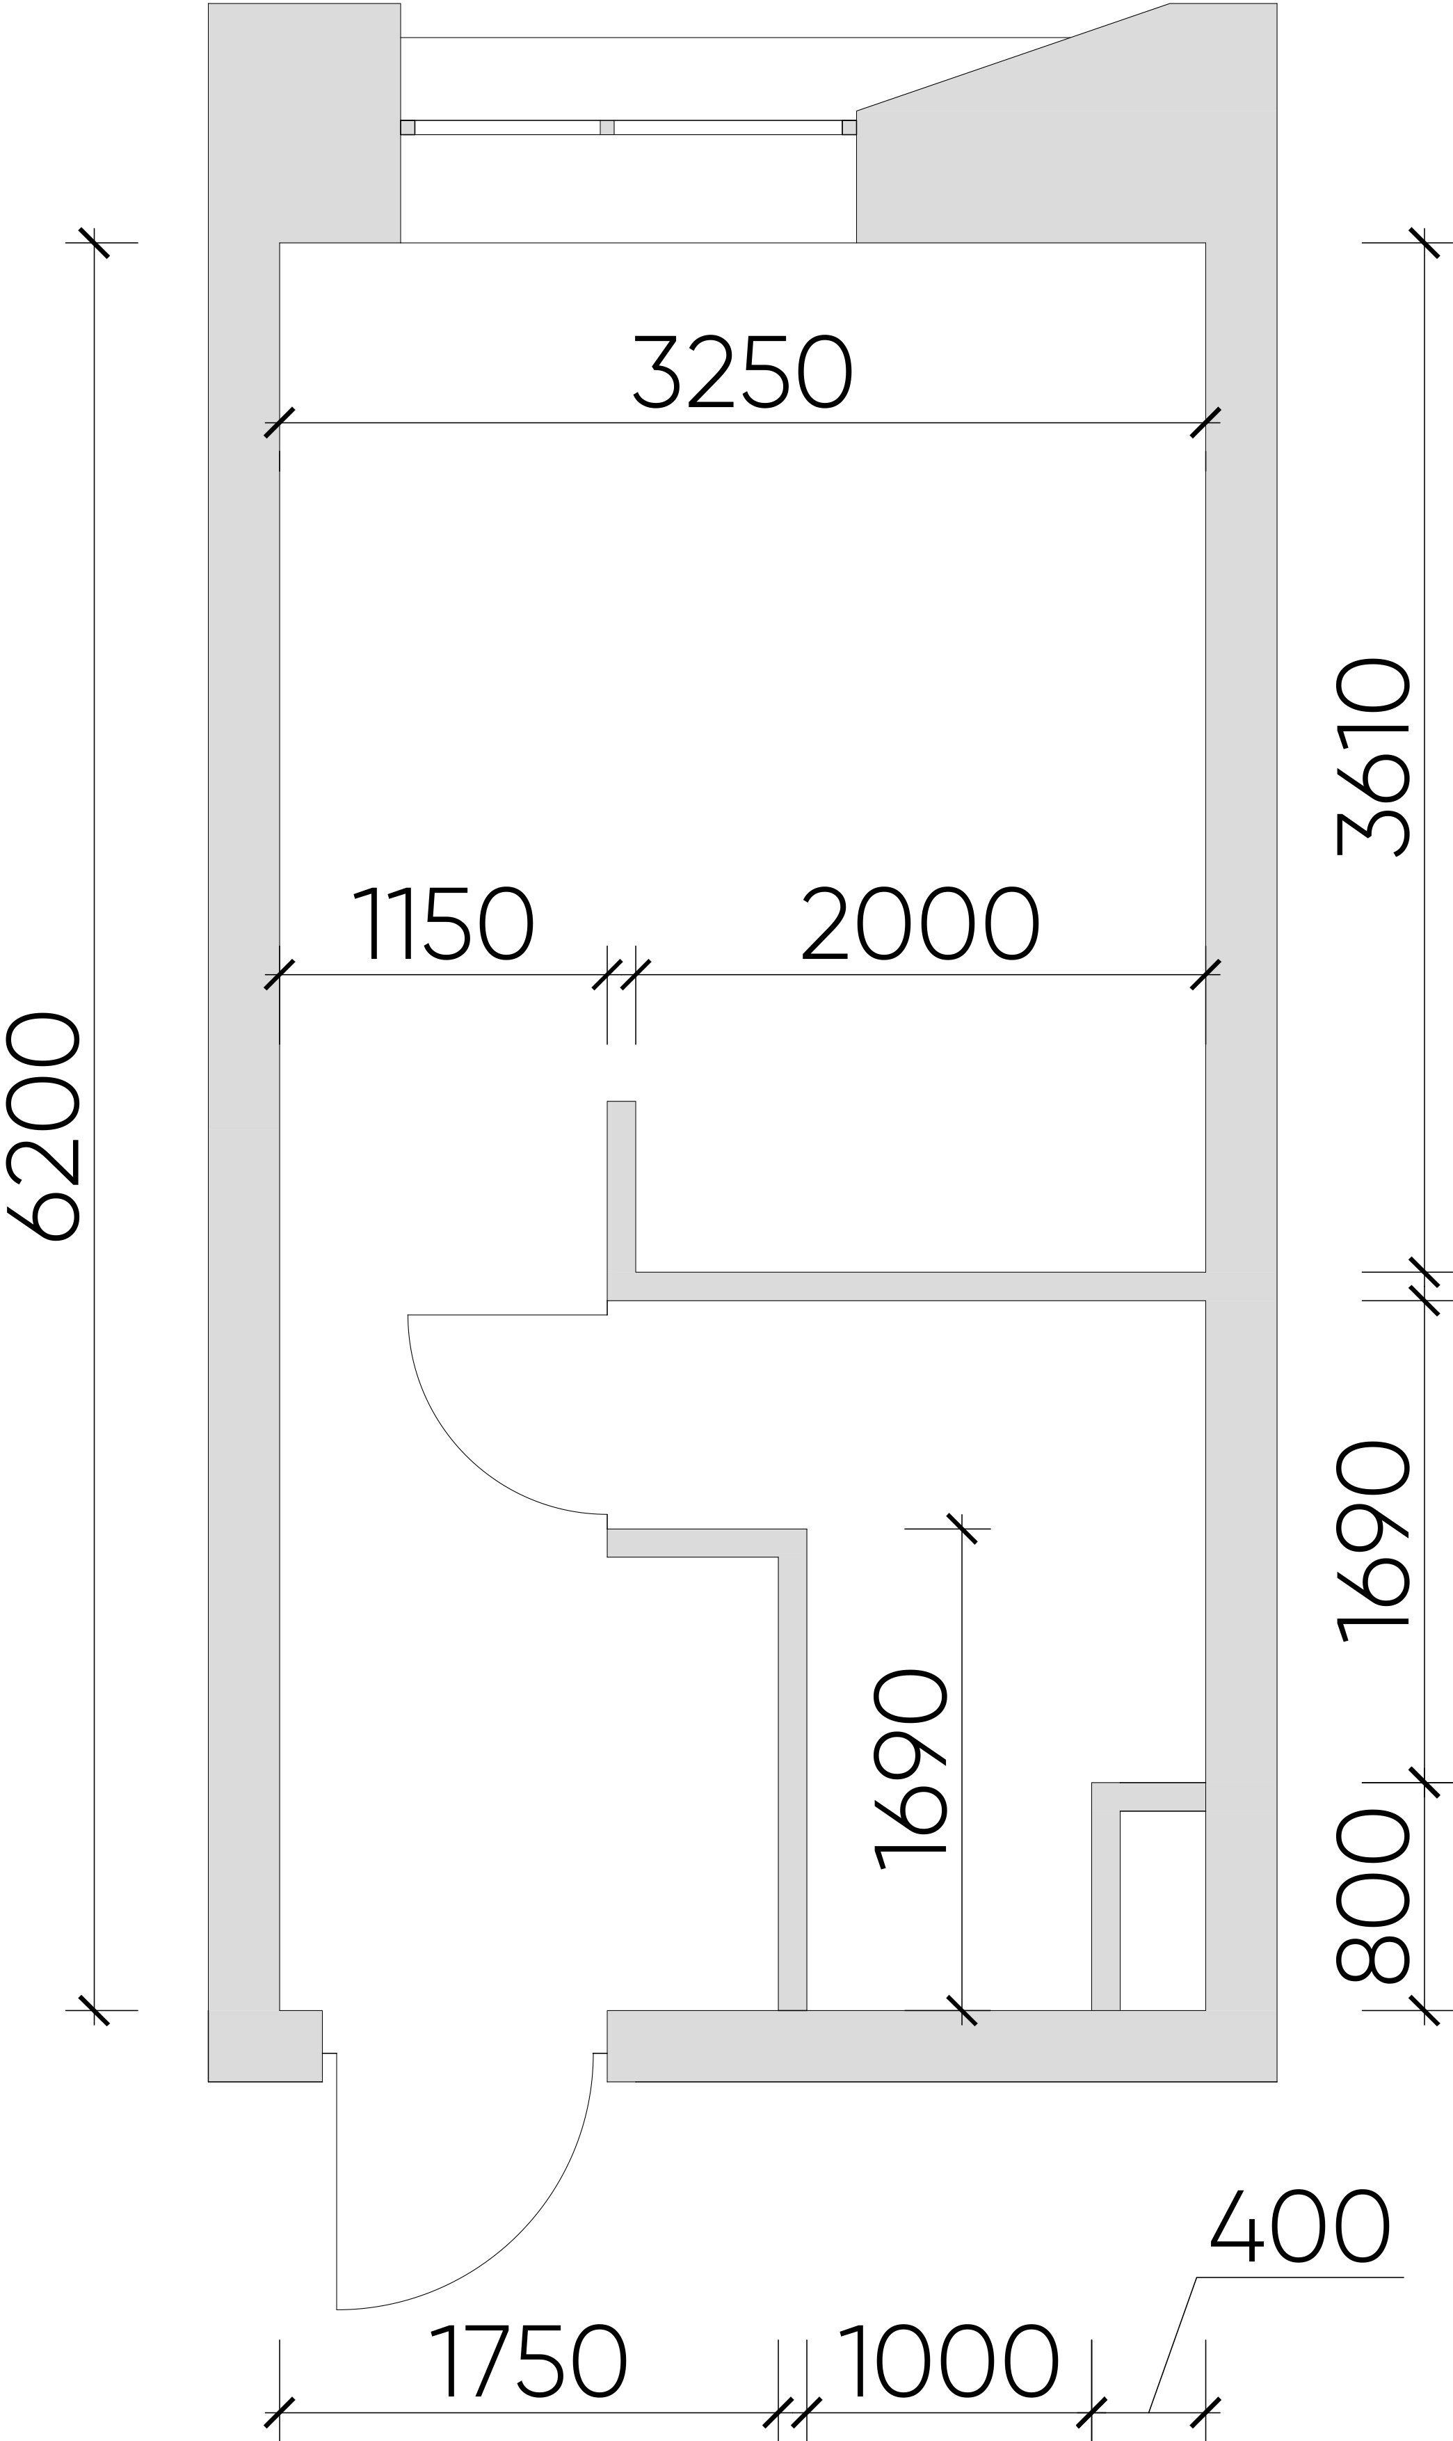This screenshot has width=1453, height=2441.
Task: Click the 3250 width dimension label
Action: (743, 372)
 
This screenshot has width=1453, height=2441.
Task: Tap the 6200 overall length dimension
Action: (43, 1127)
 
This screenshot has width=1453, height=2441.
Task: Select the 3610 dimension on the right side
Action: (1373, 756)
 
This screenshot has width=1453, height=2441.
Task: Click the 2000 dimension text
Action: (920, 925)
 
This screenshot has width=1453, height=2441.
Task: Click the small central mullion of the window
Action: (607, 127)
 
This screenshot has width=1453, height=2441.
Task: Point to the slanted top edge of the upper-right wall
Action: (1013, 57)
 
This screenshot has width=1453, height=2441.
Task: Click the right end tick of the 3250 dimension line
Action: (1205, 422)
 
